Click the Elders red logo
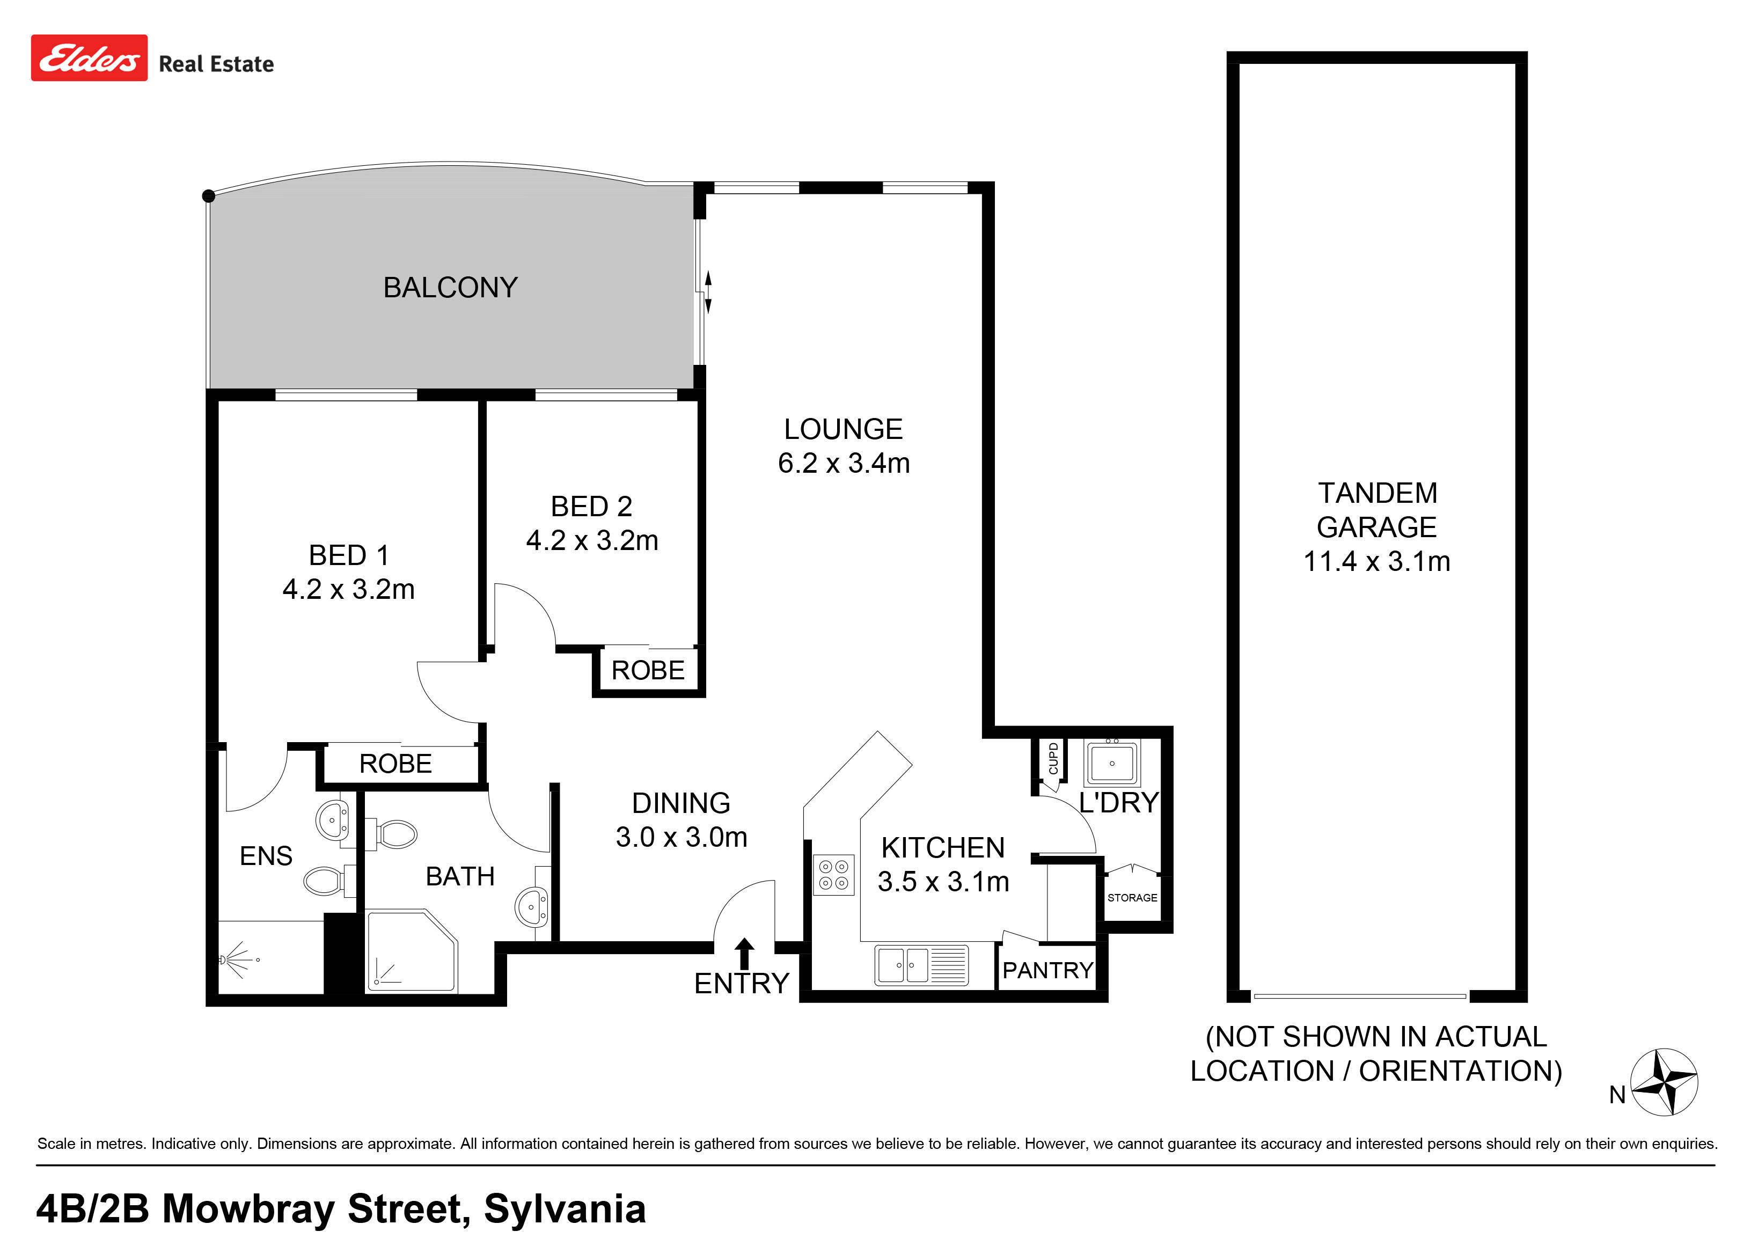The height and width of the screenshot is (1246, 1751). coord(89,57)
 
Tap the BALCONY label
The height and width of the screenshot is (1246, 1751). coord(450,288)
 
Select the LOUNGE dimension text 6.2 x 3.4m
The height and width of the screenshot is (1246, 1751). coord(844,464)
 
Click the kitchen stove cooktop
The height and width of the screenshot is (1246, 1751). coord(834,875)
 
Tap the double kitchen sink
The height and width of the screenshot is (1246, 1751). coord(921,965)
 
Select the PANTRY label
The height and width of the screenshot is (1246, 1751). coord(1047,971)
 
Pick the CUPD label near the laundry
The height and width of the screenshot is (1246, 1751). coord(1053,758)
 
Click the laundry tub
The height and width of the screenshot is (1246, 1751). coord(1112,762)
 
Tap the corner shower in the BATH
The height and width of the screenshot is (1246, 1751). coord(411,951)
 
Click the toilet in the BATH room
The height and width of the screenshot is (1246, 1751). coord(391,834)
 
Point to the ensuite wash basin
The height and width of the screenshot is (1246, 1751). coord(333,819)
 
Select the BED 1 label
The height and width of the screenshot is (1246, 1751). coord(349,555)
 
